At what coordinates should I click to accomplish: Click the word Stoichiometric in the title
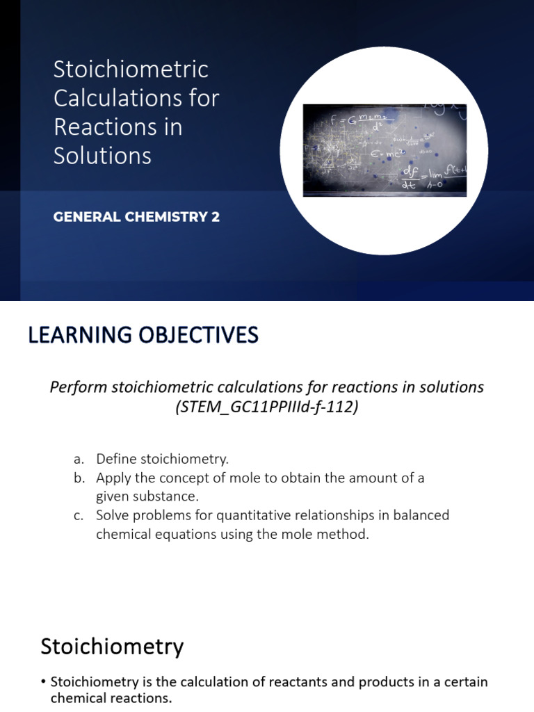pyautogui.click(x=131, y=70)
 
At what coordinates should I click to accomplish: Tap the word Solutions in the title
pyautogui.click(x=102, y=156)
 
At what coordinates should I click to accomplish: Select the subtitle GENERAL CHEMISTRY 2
pyautogui.click(x=136, y=217)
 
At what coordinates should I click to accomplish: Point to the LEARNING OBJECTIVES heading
pyautogui.click(x=143, y=336)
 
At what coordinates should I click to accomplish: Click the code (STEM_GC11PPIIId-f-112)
pyautogui.click(x=267, y=407)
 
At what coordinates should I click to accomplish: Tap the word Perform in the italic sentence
pyautogui.click(x=78, y=387)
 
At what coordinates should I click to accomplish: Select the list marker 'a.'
pyautogui.click(x=79, y=459)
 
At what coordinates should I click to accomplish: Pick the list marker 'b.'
pyautogui.click(x=79, y=478)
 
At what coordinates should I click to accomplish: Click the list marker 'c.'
pyautogui.click(x=79, y=515)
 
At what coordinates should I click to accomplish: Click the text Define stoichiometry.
pyautogui.click(x=162, y=459)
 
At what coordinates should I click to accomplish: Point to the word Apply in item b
pyautogui.click(x=112, y=478)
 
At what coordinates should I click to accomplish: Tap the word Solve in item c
pyautogui.click(x=113, y=515)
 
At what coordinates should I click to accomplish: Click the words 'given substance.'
pyautogui.click(x=147, y=496)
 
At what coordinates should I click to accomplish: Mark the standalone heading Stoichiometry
pyautogui.click(x=112, y=647)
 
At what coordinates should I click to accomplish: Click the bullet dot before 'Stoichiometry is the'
pyautogui.click(x=44, y=682)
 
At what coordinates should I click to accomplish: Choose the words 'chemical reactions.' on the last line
pyautogui.click(x=111, y=699)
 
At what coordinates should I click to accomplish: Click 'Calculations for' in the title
pyautogui.click(x=136, y=98)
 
